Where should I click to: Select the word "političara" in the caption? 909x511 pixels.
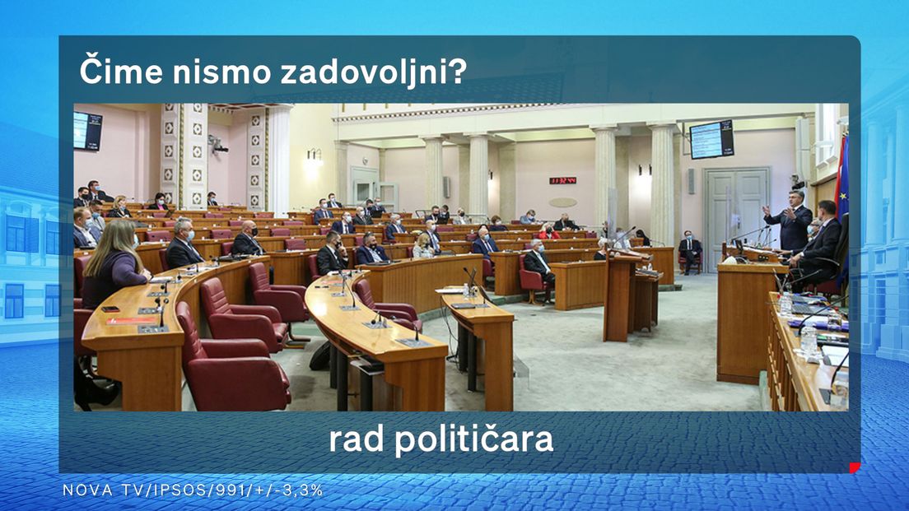(x=474, y=439)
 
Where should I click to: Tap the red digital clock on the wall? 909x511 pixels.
(x=562, y=181)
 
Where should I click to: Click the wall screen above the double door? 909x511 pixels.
(x=711, y=139)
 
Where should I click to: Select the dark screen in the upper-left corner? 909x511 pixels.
(x=87, y=131)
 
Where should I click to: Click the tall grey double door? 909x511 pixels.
(x=735, y=216)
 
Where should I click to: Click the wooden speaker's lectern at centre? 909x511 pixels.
(x=622, y=295)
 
